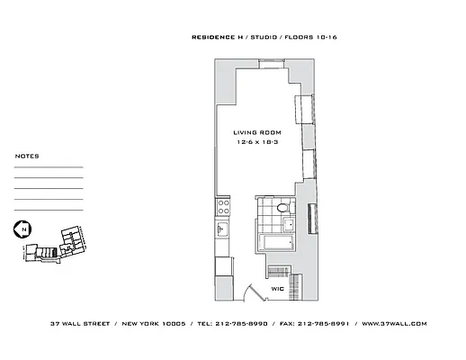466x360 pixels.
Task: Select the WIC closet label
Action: coord(277,289)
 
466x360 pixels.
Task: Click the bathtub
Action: coord(274,243)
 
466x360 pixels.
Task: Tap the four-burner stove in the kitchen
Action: coord(224,207)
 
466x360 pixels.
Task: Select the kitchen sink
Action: coord(222,231)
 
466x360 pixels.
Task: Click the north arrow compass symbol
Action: coord(20,230)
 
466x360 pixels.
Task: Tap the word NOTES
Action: coord(27,157)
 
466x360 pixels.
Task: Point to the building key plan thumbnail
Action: coord(56,241)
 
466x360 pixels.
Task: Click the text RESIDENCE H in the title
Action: coord(219,38)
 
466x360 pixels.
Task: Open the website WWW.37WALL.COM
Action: coord(393,323)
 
